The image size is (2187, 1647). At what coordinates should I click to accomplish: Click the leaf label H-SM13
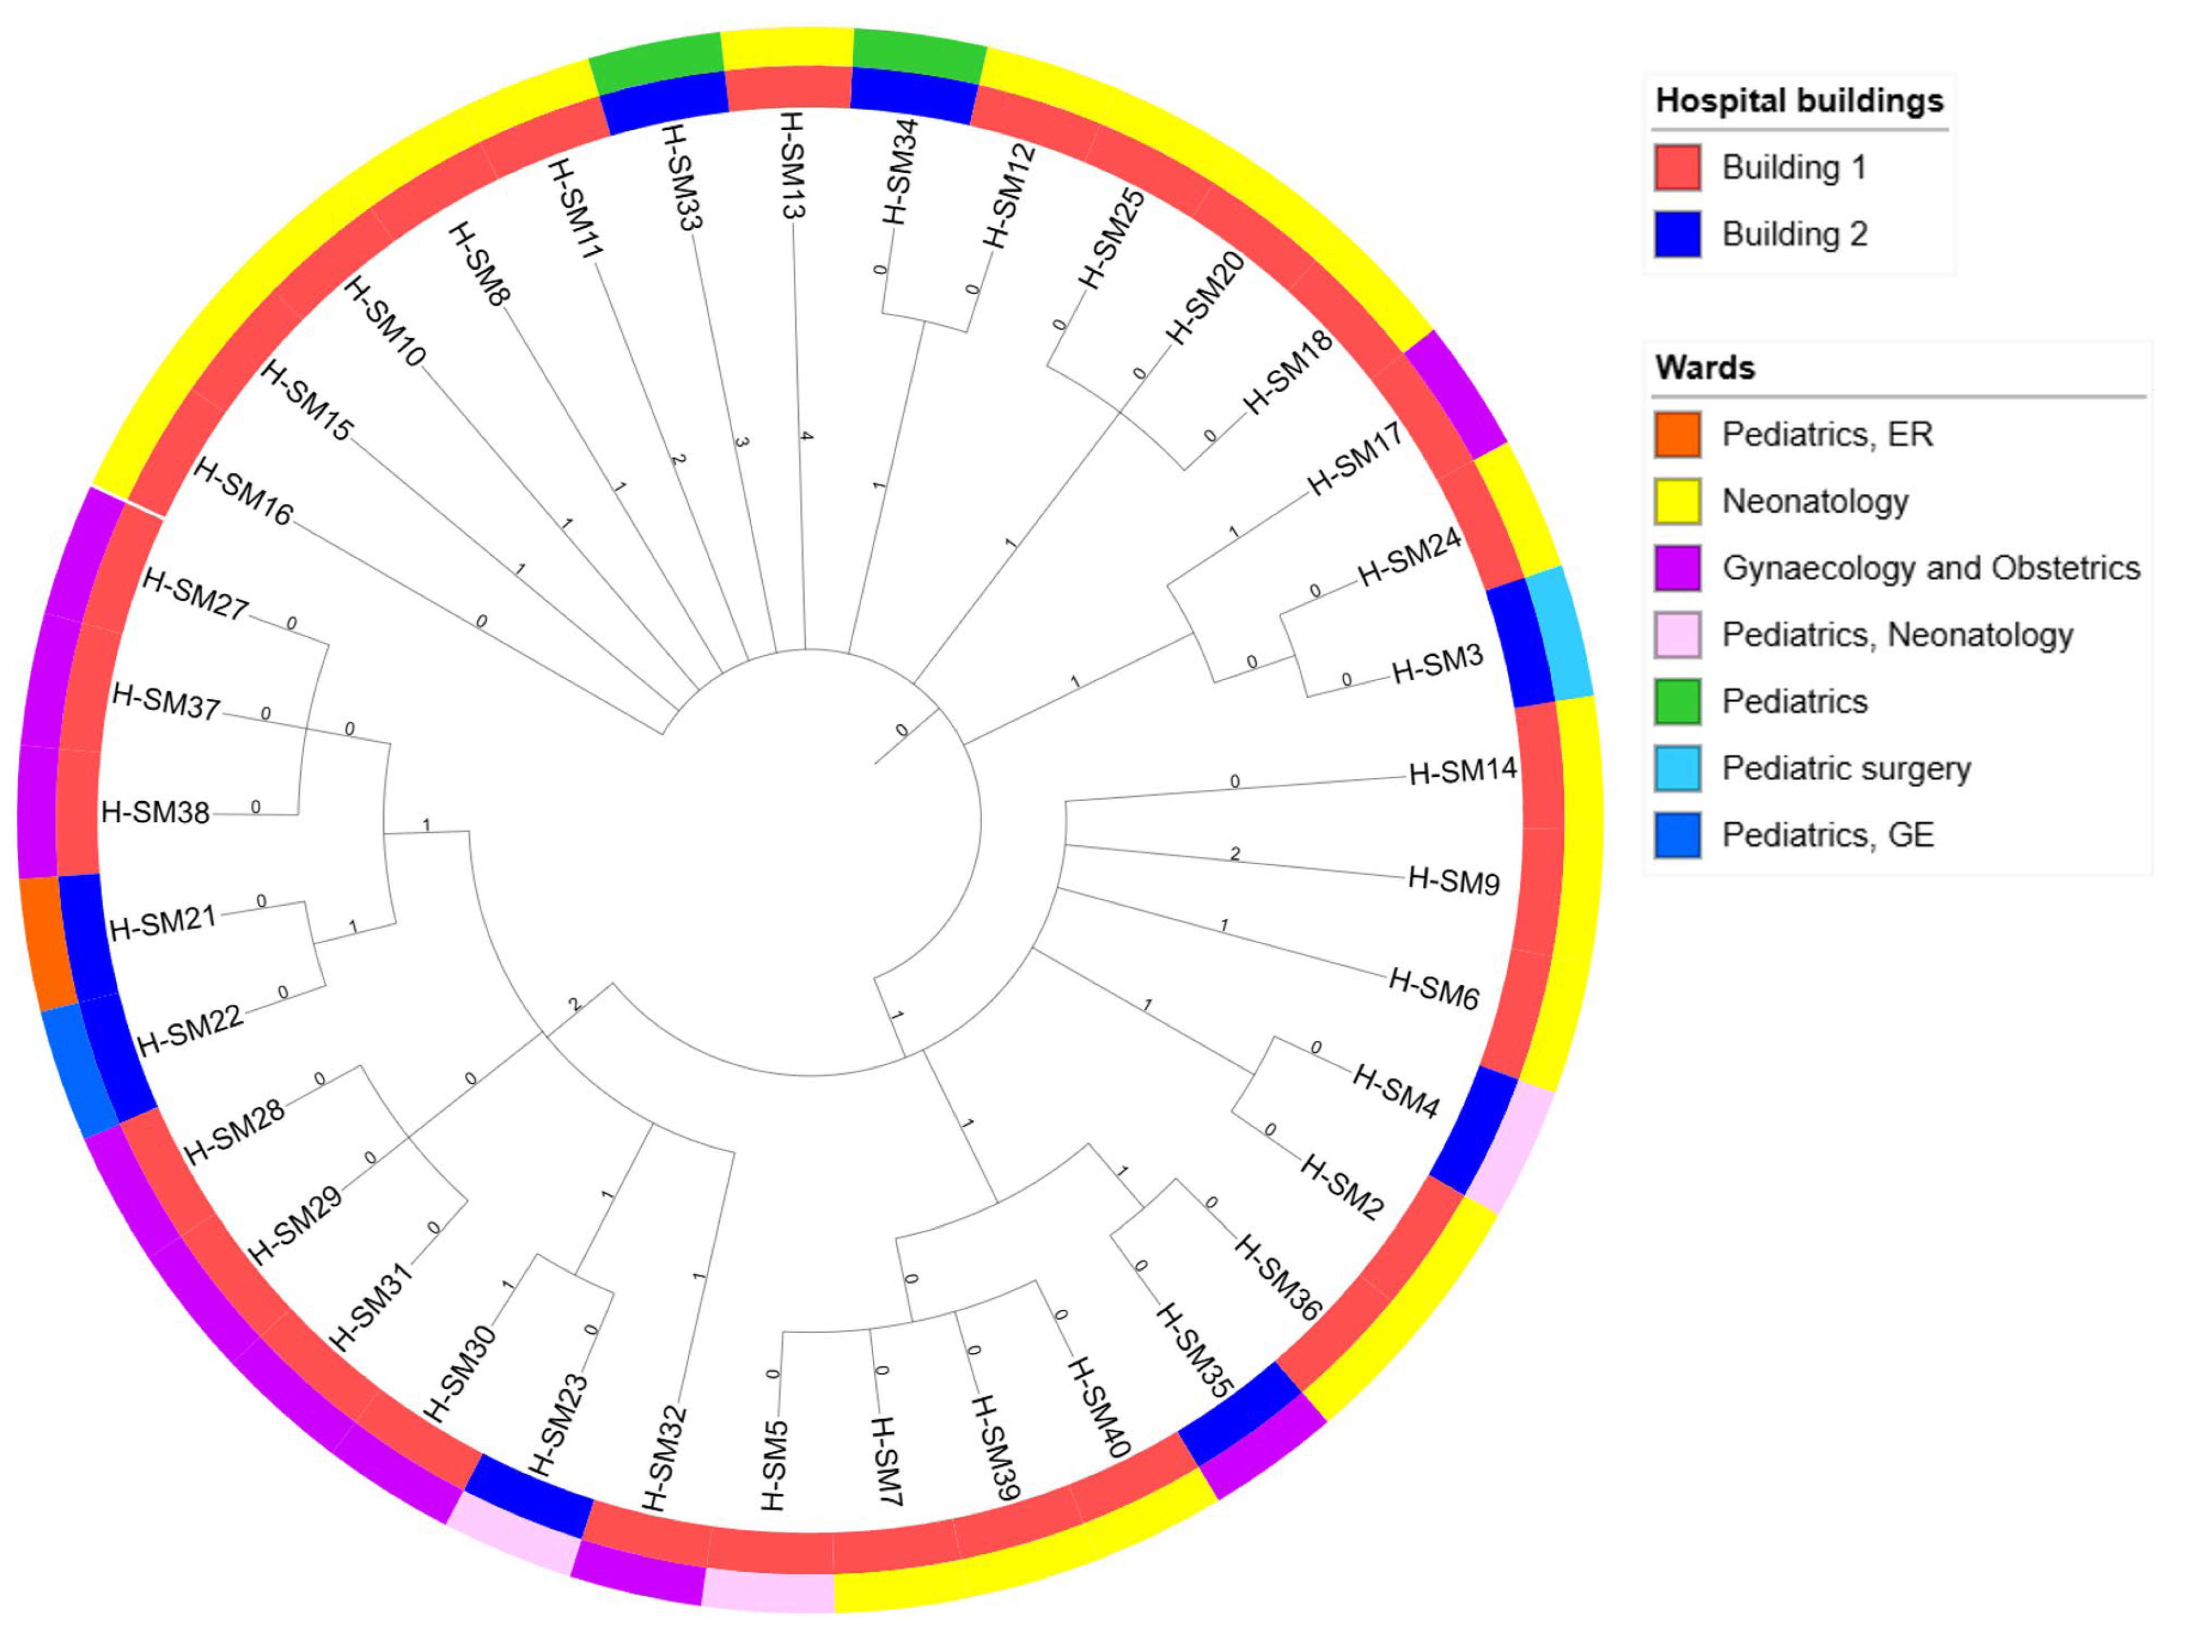coord(792,165)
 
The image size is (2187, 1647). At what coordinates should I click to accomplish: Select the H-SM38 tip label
coord(155,812)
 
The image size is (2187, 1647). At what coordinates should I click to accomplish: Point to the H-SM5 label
coord(774,1465)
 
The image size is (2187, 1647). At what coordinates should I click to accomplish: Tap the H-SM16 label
coord(243,491)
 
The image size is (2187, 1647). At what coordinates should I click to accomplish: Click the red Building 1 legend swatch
coord(1677,167)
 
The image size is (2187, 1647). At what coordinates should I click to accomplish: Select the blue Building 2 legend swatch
coord(1677,234)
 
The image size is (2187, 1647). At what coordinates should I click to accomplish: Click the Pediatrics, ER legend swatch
coord(1677,435)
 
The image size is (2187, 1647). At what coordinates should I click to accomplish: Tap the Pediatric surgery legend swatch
coord(1677,768)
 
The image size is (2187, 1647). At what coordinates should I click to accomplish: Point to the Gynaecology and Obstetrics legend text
coord(1930,568)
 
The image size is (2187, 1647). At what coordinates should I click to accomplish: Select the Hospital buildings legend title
coord(1799,101)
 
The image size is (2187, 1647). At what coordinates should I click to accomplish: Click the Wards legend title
coord(1705,368)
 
